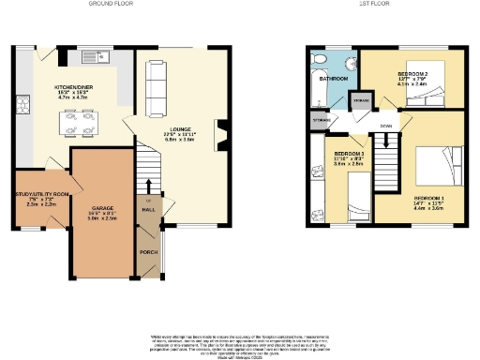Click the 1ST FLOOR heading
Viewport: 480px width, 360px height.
tap(372, 4)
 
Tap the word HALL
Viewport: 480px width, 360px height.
tap(147, 211)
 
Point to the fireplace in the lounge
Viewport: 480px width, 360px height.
tap(222, 133)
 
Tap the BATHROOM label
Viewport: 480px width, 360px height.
tap(334, 79)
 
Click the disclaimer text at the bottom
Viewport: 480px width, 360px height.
tap(239, 343)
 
